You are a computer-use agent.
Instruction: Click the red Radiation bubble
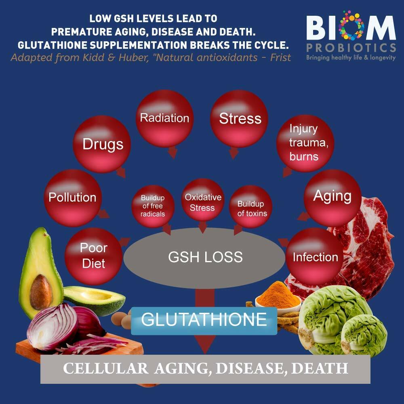[164, 118]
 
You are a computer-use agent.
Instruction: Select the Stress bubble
[240, 119]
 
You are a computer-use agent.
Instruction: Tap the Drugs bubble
[103, 144]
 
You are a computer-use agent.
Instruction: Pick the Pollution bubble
[73, 197]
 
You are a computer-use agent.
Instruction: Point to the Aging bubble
[332, 197]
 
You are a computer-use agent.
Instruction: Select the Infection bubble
[315, 257]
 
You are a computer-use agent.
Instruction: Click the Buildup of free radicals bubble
[153, 206]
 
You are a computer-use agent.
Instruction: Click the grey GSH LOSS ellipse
[205, 257]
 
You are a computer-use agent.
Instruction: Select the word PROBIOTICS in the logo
[351, 48]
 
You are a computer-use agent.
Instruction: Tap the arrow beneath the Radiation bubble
[173, 152]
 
